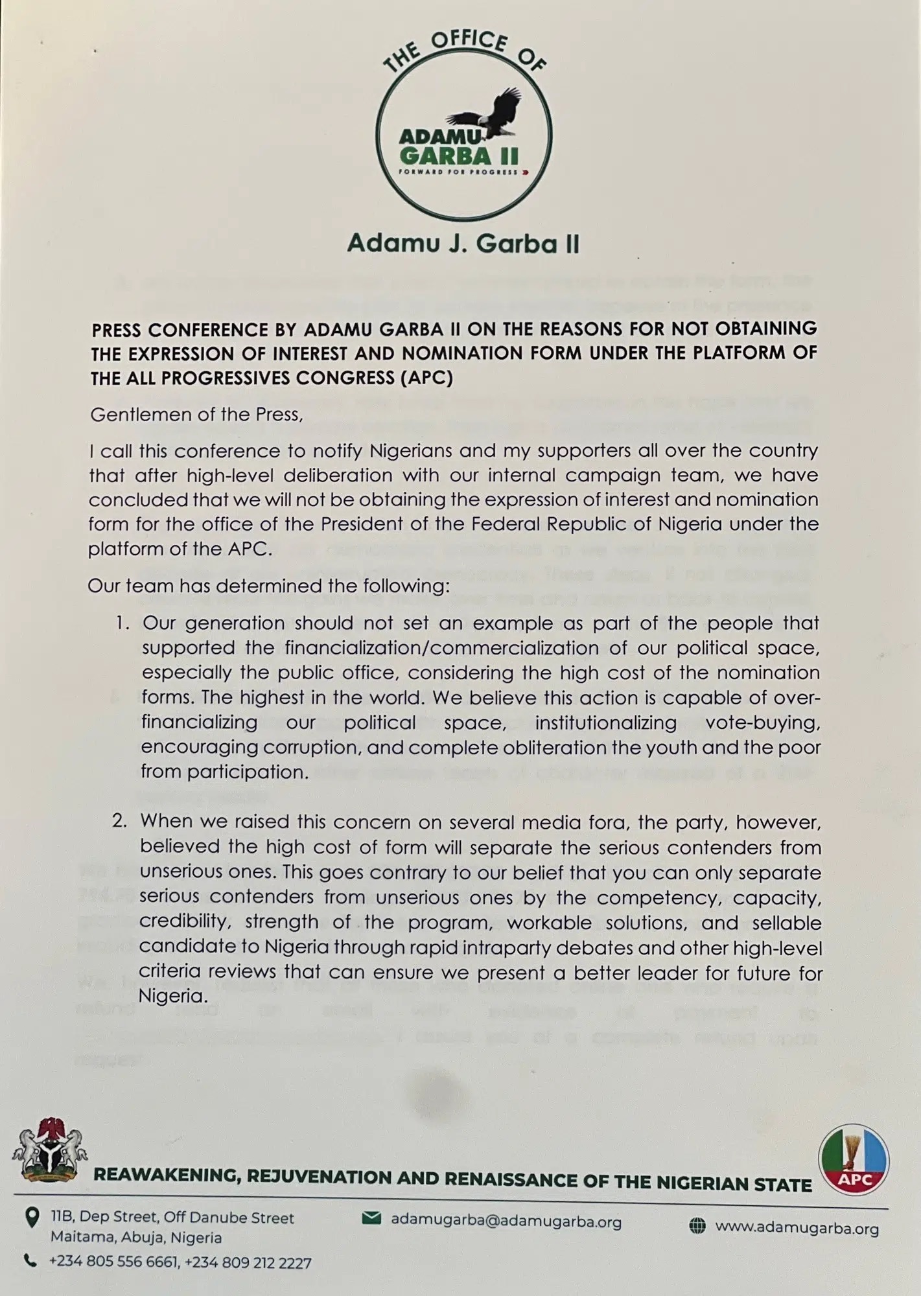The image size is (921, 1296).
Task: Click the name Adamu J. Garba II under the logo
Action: click(x=463, y=243)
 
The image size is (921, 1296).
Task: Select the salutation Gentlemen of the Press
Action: click(x=196, y=414)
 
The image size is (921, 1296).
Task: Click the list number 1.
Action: click(x=122, y=623)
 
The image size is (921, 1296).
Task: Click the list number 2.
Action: click(x=121, y=821)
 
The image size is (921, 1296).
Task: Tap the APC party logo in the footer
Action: click(x=854, y=1159)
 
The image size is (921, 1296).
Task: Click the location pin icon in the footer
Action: click(x=30, y=1219)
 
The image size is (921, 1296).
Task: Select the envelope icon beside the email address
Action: click(x=371, y=1219)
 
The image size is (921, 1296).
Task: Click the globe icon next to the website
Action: click(x=697, y=1226)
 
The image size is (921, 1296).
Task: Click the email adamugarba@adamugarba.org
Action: click(x=506, y=1221)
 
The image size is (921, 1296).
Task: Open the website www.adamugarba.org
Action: click(x=797, y=1228)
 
